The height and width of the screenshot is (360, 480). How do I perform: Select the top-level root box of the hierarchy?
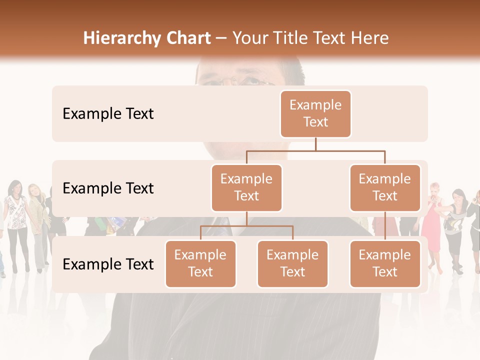(315, 113)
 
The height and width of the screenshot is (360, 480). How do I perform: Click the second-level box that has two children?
(246, 187)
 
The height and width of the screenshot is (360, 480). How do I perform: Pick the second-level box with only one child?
(385, 187)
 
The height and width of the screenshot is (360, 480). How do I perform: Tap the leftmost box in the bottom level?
(200, 263)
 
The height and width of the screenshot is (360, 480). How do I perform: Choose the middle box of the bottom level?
(292, 263)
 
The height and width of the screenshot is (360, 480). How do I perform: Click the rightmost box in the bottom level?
(385, 263)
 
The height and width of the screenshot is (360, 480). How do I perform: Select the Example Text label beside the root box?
(108, 114)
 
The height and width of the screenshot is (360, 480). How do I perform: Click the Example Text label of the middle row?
(108, 188)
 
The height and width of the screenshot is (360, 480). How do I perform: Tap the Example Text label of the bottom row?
(108, 264)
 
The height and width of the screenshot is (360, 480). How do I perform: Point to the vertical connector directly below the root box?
(315, 144)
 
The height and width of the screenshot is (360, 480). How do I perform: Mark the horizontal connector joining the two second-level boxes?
(315, 150)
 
